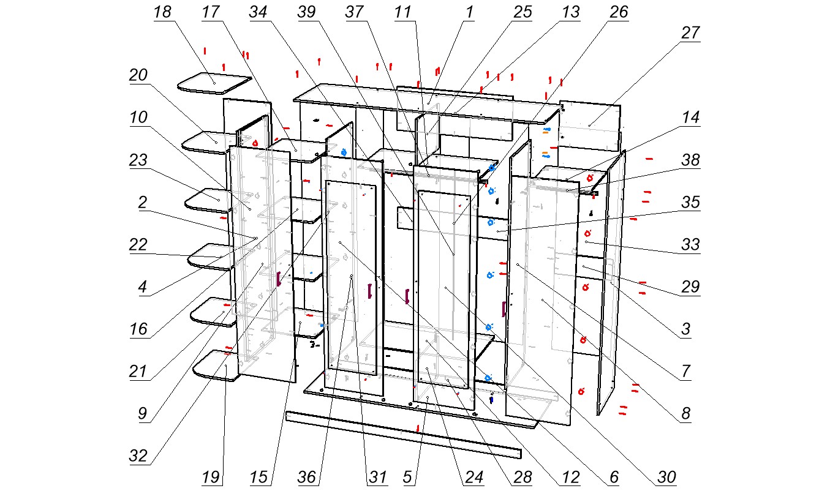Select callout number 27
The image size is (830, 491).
click(x=690, y=33)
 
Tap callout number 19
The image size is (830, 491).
click(x=212, y=477)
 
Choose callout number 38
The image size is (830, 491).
click(x=690, y=160)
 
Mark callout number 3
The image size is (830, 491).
click(x=685, y=329)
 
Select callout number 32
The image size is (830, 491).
click(x=138, y=456)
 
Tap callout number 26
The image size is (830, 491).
click(x=619, y=12)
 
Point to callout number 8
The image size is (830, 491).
click(x=685, y=414)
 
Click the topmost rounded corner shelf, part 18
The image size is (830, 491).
click(x=214, y=84)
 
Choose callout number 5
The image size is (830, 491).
click(x=407, y=477)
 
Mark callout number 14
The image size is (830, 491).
click(x=690, y=118)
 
